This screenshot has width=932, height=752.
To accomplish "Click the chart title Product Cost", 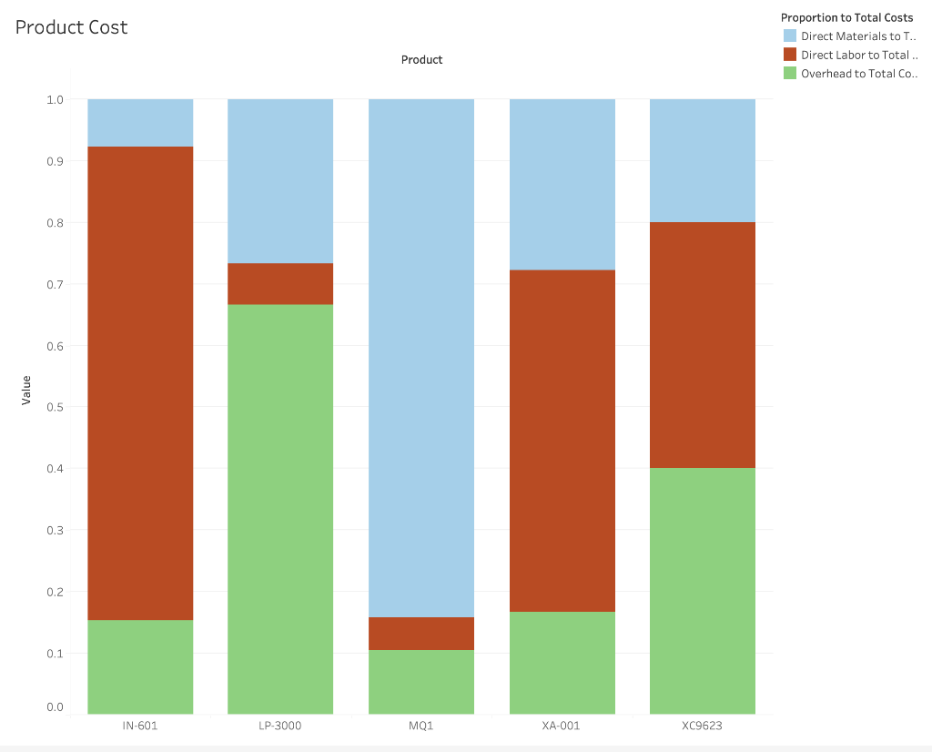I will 72,27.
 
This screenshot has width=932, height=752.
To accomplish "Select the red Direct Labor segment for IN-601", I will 140,382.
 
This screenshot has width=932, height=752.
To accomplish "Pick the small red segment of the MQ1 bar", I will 421,634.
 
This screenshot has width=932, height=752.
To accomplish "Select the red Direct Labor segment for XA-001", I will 562,441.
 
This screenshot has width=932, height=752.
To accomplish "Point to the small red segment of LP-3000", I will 280,284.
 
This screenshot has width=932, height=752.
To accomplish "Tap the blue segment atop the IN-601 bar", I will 140,123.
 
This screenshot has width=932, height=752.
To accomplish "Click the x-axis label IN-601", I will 140,727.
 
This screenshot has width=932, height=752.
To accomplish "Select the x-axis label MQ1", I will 421,727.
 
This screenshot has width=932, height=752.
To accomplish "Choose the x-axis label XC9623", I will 702,727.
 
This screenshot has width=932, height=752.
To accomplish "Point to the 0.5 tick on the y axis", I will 55,407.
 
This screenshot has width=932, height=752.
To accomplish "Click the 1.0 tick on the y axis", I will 55,99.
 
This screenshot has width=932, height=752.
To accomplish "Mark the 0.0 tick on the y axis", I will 55,707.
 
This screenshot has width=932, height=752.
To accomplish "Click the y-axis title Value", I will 25,390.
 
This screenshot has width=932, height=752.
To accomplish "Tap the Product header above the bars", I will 421,60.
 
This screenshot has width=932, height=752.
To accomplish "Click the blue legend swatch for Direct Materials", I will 790,36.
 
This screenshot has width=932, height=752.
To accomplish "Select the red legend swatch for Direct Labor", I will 790,55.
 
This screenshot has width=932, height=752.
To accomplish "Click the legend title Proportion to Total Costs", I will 846,17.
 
